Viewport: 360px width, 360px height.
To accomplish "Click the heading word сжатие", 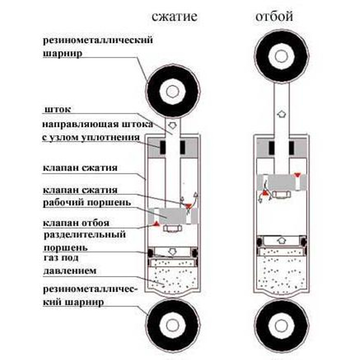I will tap(175, 17).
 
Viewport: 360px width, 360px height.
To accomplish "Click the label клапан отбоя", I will tap(75, 222).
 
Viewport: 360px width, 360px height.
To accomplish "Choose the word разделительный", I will tap(84, 234).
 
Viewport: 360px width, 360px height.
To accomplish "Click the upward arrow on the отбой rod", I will tap(281, 113).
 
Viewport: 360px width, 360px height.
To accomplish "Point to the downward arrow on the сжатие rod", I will tap(173, 125).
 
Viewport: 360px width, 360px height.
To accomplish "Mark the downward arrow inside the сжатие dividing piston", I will tap(173, 251).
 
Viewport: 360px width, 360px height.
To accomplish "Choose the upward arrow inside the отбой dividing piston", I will tap(281, 240).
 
